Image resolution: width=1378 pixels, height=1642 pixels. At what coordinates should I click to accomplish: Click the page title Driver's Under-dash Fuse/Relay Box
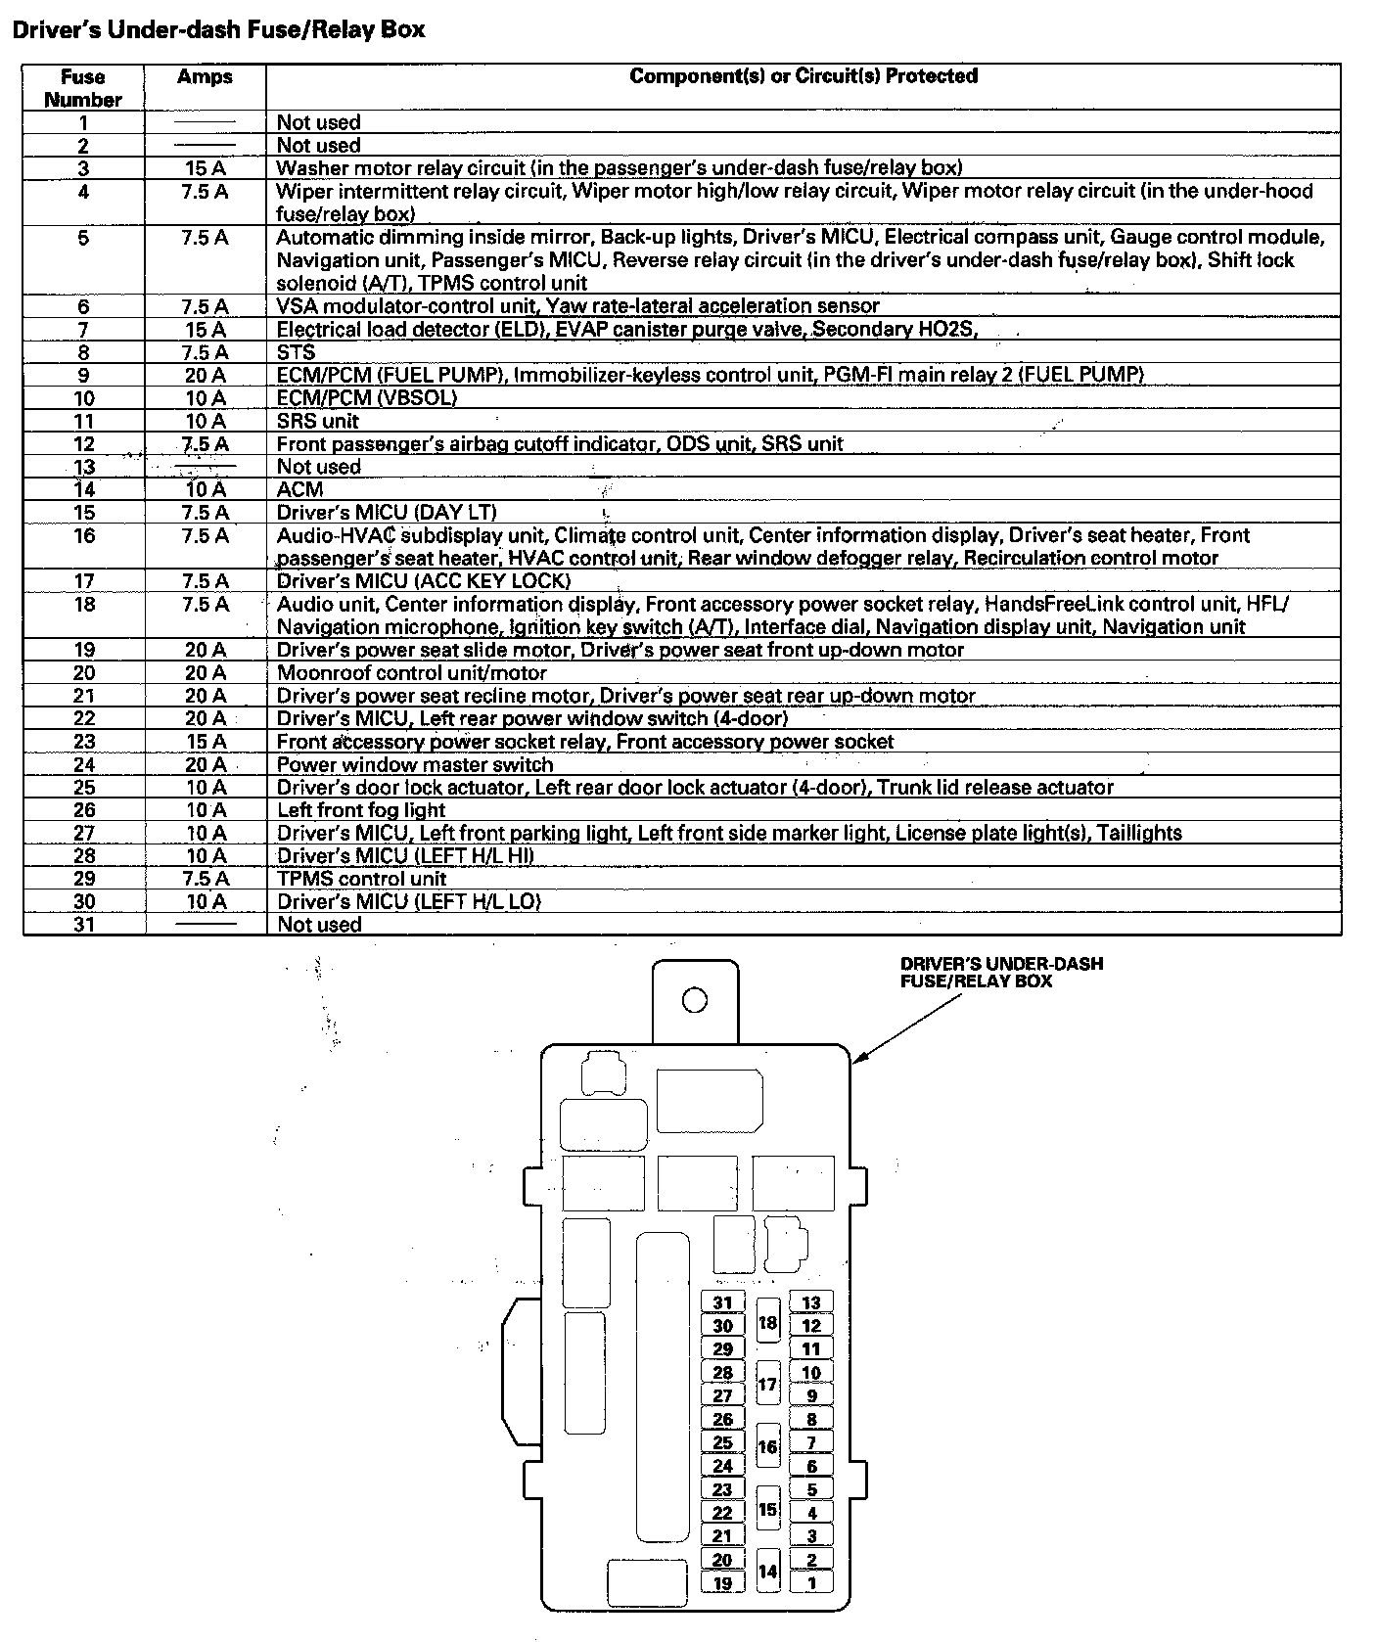pos(218,30)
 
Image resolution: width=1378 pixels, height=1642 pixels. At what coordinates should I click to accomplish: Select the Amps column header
pos(205,77)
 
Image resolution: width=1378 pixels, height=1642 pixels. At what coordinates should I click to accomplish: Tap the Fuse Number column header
pos(83,88)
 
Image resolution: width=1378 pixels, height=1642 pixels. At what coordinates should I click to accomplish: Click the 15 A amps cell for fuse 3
pos(205,168)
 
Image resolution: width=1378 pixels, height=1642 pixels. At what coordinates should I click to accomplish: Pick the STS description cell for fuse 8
pos(296,352)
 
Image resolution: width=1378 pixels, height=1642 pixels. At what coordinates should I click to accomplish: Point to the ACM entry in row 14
pos(299,489)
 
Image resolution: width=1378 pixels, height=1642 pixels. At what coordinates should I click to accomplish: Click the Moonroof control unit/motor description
pos(411,673)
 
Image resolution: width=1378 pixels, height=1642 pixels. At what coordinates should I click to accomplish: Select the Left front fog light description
pos(361,810)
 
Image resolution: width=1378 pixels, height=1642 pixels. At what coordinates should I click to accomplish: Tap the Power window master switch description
pos(415,764)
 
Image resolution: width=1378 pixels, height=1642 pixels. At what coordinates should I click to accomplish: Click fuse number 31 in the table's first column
pos(83,925)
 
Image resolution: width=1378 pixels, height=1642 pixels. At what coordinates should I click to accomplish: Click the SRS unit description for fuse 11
pos(317,422)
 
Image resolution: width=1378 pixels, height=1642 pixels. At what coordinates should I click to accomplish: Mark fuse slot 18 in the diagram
pos(768,1324)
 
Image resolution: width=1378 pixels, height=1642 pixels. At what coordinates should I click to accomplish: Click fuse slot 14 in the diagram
pos(768,1572)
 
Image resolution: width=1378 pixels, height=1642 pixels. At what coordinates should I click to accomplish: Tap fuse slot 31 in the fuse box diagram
pos(722,1302)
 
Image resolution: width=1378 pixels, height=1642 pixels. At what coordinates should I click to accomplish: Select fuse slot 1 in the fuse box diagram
pos(811,1582)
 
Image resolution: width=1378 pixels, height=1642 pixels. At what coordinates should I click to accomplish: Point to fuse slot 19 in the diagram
pos(722,1583)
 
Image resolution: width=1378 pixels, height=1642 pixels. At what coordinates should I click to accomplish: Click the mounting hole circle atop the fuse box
pos(694,1000)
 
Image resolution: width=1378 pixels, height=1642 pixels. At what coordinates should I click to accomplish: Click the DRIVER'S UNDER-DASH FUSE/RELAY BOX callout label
pos(1001,972)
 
